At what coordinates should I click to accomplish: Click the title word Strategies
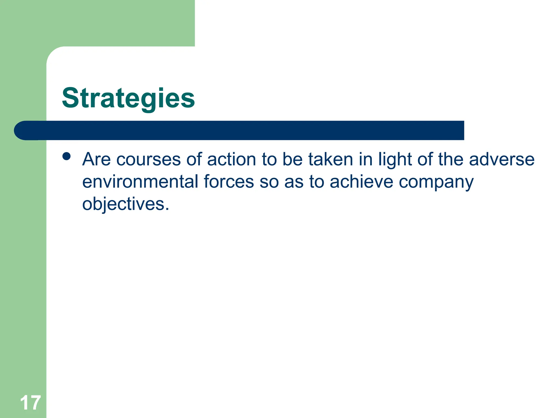(x=128, y=98)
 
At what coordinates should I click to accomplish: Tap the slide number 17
(x=30, y=403)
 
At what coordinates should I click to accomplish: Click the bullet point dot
(x=66, y=156)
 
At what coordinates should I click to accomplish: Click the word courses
(x=148, y=159)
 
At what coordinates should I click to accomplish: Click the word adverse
(x=502, y=159)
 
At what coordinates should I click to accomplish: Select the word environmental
(x=140, y=182)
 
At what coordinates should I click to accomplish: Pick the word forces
(x=229, y=182)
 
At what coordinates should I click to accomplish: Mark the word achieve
(x=361, y=182)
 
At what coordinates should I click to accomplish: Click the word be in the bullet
(x=292, y=159)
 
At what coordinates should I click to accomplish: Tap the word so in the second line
(x=269, y=182)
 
